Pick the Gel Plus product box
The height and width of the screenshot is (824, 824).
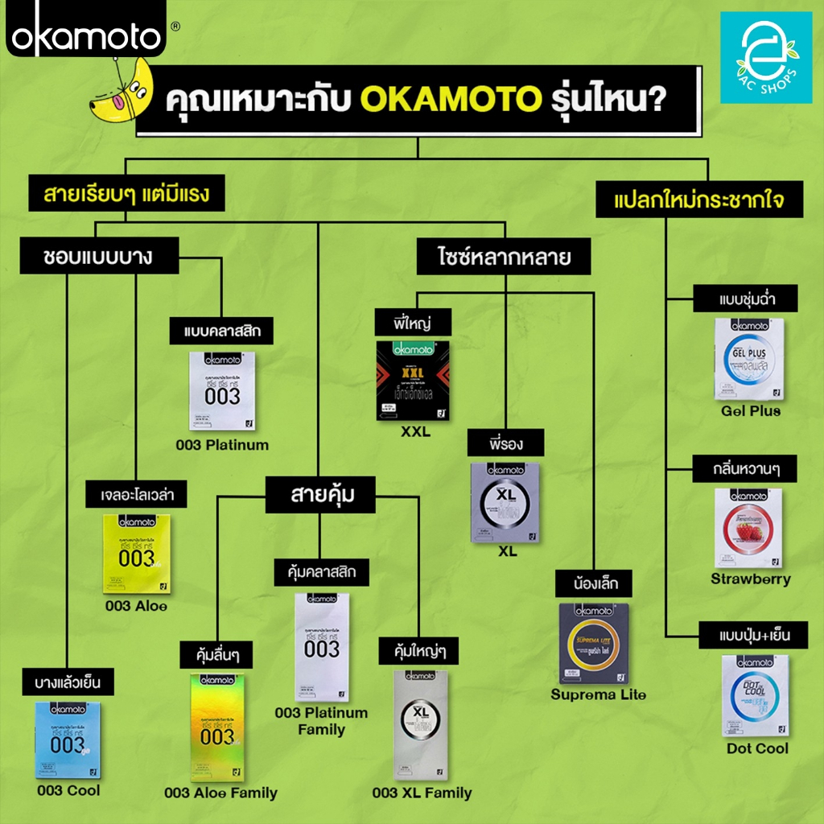[x=749, y=360]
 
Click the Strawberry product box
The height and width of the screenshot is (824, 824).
[x=748, y=528]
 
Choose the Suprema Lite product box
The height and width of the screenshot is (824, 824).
[x=595, y=644]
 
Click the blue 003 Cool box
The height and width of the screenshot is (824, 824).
[x=68, y=740]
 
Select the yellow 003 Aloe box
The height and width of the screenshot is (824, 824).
[x=137, y=554]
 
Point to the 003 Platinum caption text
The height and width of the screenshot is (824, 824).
[x=223, y=444]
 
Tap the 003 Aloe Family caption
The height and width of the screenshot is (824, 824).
[x=220, y=793]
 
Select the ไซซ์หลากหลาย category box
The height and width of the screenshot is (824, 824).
[x=505, y=258]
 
